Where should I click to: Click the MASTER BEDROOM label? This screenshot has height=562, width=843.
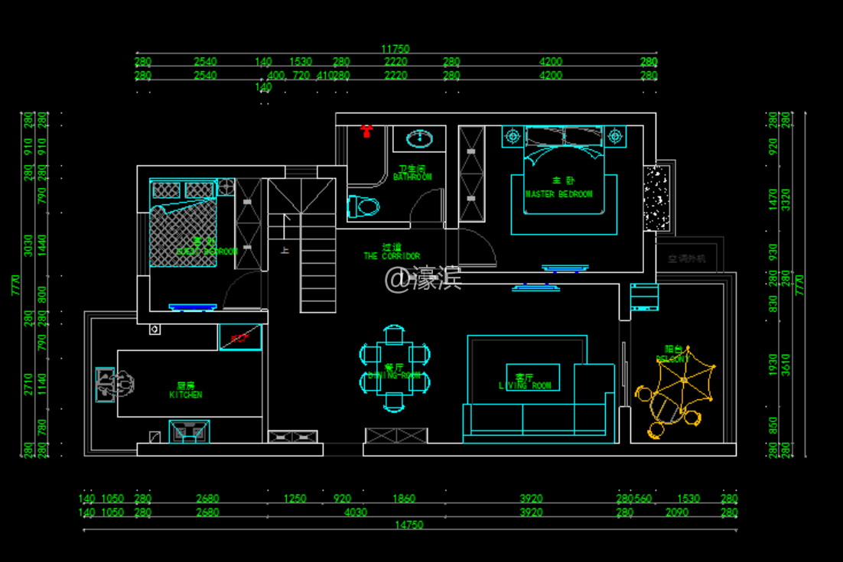[559, 194]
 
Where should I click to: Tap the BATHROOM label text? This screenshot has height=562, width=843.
[412, 177]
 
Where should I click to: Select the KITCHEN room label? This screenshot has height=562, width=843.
[186, 395]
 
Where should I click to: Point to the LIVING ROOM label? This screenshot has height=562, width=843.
[525, 385]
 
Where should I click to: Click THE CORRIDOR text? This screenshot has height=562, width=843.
[392, 256]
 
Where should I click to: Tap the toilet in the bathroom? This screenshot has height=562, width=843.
[364, 206]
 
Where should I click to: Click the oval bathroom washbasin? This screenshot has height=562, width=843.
[419, 138]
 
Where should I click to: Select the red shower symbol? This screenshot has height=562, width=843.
[367, 130]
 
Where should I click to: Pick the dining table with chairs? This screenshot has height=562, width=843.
[395, 367]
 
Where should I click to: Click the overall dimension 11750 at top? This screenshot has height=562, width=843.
[395, 49]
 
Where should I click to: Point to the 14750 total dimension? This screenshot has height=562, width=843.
[408, 525]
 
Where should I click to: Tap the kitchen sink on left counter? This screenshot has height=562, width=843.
[106, 384]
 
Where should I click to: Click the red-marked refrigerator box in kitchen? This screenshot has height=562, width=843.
[240, 337]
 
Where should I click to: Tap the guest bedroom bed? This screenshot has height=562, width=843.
[184, 223]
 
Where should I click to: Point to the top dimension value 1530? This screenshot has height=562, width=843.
[301, 62]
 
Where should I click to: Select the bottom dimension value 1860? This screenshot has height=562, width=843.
[404, 499]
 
